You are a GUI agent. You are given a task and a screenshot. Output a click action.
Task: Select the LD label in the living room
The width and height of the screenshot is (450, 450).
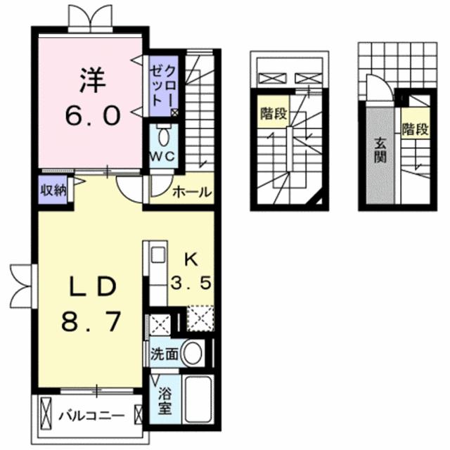point(91,288)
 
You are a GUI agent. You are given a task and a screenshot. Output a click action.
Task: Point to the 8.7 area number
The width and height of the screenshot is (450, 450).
point(91,323)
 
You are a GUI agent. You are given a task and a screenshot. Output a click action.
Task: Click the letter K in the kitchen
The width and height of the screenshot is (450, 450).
point(191,259)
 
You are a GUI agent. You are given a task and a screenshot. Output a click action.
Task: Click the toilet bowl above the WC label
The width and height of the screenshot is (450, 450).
point(164,134)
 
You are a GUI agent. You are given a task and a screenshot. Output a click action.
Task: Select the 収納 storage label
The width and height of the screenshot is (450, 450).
point(52,189)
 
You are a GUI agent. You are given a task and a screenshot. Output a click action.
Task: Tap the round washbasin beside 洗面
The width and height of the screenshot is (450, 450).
point(191,354)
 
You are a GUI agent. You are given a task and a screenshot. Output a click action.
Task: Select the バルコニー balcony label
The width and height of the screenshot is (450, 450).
point(91,415)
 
